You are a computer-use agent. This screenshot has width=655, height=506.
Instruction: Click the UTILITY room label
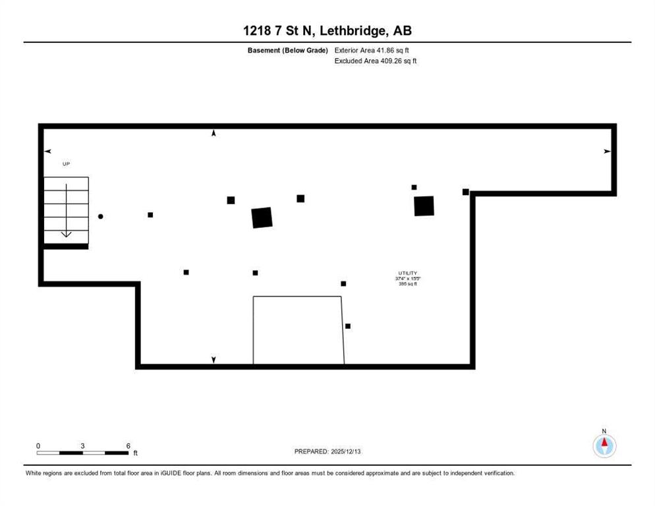(407, 273)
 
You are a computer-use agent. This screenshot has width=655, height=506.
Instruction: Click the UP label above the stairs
(66, 163)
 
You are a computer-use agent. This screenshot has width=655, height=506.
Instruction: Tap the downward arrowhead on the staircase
(67, 234)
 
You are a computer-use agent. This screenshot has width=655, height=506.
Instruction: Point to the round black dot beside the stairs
(101, 216)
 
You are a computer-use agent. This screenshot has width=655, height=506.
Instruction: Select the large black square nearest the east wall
(424, 206)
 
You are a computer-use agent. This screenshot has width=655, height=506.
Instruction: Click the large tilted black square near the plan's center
(262, 217)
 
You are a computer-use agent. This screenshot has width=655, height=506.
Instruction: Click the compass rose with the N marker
(604, 446)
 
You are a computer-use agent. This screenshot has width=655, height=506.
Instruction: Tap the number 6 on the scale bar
(128, 445)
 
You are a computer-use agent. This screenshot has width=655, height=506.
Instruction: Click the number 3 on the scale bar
(82, 445)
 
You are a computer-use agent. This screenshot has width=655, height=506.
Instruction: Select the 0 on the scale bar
(38, 445)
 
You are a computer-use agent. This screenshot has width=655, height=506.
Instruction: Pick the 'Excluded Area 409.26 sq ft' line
(376, 61)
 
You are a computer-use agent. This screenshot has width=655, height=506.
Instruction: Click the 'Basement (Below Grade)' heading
(287, 50)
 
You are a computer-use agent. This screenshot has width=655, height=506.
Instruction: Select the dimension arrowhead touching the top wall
(214, 134)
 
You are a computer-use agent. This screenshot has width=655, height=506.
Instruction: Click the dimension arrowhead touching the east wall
(607, 152)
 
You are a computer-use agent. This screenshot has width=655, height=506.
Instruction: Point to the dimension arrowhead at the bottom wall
(214, 360)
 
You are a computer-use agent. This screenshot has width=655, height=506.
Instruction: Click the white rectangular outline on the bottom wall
(299, 329)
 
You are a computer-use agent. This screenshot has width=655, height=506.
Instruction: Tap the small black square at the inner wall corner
(466, 192)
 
